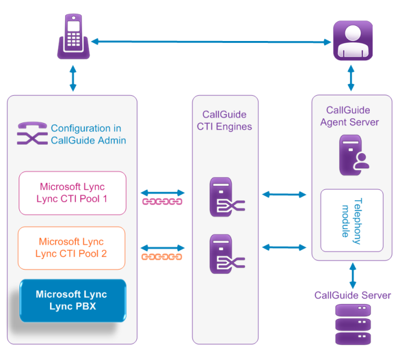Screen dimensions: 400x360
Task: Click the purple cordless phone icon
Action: (x=74, y=36)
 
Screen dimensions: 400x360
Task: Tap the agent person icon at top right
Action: (x=353, y=40)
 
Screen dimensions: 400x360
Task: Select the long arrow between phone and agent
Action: (x=211, y=42)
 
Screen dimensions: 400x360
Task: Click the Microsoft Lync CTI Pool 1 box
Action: (x=72, y=193)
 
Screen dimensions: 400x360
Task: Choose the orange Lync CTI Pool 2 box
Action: (x=71, y=248)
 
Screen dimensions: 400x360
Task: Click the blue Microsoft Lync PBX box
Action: (x=73, y=300)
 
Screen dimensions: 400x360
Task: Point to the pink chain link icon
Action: (x=162, y=201)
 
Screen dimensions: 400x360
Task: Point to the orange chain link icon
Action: (x=162, y=257)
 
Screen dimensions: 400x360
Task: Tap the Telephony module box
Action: (x=352, y=221)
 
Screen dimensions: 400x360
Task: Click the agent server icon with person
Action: (x=354, y=155)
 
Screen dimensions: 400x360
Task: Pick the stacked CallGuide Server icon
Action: (x=353, y=324)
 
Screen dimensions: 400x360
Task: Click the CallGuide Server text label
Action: (x=352, y=295)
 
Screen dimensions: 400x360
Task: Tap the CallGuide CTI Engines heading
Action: (x=224, y=121)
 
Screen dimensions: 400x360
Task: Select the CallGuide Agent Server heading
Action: (x=349, y=116)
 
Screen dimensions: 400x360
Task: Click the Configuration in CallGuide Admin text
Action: (x=88, y=134)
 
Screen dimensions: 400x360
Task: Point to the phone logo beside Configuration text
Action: (x=32, y=133)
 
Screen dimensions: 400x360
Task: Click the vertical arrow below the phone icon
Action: (x=73, y=78)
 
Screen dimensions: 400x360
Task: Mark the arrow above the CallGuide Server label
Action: (x=353, y=276)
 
